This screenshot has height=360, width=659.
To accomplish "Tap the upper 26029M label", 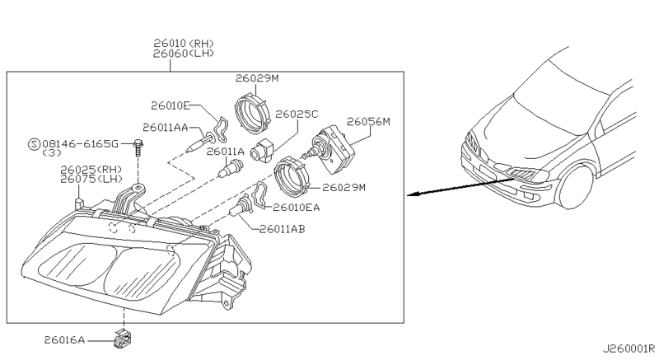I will click(257, 78).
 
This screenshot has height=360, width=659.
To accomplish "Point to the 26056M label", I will click(368, 122).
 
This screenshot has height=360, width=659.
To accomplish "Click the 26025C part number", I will click(296, 114).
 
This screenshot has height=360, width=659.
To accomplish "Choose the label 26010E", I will click(171, 105).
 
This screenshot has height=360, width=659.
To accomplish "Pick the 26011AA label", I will click(165, 128).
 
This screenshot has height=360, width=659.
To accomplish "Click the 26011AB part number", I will click(283, 229).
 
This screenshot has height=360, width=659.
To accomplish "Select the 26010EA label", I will click(297, 208).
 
